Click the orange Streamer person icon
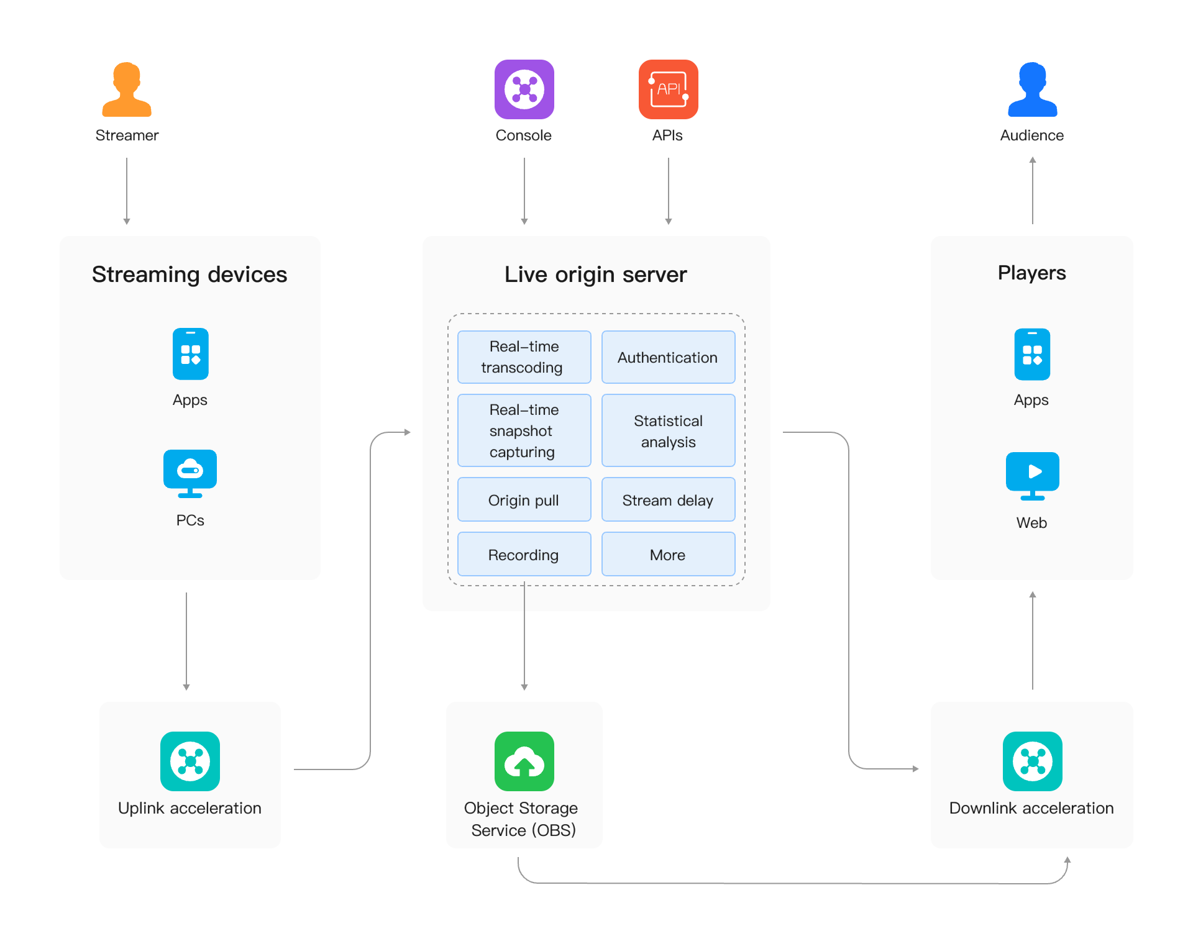pyautogui.click(x=127, y=89)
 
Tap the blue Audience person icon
pyautogui.click(x=1032, y=89)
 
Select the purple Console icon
pyautogui.click(x=524, y=89)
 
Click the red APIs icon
pyautogui.click(x=668, y=89)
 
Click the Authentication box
pyautogui.click(x=668, y=357)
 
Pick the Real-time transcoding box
pyautogui.click(x=524, y=357)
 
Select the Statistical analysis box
pyautogui.click(x=668, y=430)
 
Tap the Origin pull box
pyautogui.click(x=524, y=499)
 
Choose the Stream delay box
pyautogui.click(x=668, y=499)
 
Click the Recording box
pyautogui.click(x=524, y=554)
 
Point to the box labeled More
pyautogui.click(x=668, y=554)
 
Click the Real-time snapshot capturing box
pyautogui.click(x=524, y=430)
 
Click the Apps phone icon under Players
pyautogui.click(x=1032, y=354)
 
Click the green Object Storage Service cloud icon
pyautogui.click(x=524, y=761)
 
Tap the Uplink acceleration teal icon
pyautogui.click(x=190, y=761)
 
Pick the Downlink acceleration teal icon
pyautogui.click(x=1032, y=761)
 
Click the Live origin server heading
pyautogui.click(x=595, y=275)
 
